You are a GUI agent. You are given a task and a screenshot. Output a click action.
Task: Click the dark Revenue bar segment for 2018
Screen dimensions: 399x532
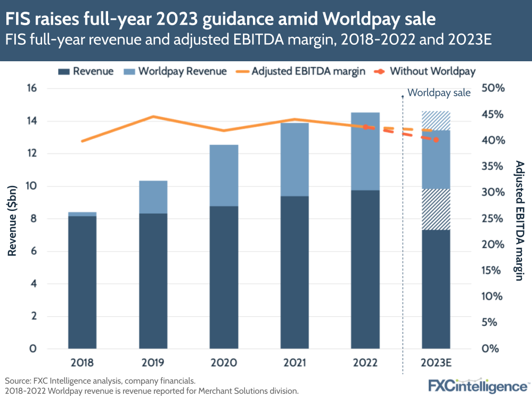[82, 282]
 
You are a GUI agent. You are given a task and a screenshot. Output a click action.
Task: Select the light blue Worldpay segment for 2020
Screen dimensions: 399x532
[224, 175]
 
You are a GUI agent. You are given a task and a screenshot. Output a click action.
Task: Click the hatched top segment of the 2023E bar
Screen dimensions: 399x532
[436, 121]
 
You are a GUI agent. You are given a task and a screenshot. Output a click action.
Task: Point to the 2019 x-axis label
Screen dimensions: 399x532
[153, 363]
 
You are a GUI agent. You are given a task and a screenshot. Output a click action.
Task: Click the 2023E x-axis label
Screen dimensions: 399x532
[436, 363]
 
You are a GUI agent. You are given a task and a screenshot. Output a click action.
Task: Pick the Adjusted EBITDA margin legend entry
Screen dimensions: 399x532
[308, 71]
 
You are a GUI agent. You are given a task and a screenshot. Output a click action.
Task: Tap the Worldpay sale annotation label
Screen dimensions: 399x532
[439, 93]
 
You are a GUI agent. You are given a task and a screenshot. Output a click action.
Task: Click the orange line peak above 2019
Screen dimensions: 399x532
[153, 116]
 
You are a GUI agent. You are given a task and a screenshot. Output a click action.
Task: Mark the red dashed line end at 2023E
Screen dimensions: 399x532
[436, 140]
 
